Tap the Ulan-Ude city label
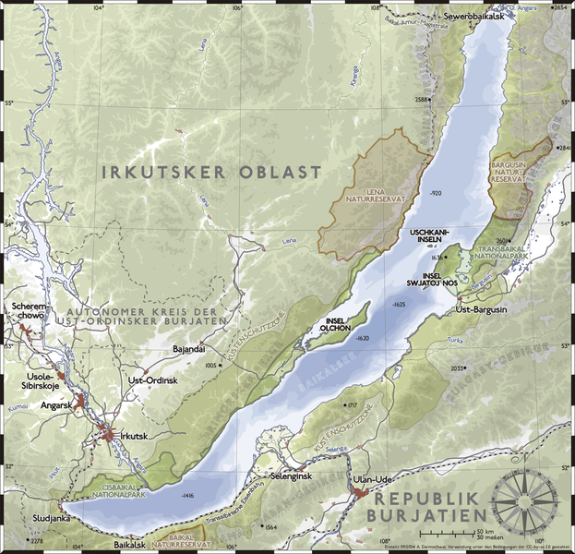pyautogui.click(x=373, y=481)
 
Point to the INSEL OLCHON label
pyautogui.click(x=334, y=324)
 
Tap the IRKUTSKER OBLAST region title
pyautogui.click(x=211, y=172)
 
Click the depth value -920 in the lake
pyautogui.click(x=437, y=192)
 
